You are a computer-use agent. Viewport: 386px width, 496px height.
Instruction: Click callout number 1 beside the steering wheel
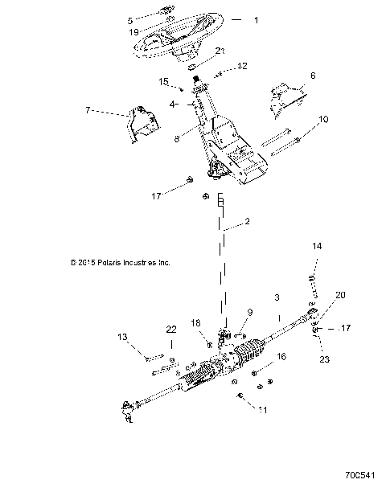pos(256,19)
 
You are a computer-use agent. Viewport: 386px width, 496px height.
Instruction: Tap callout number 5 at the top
pos(131,19)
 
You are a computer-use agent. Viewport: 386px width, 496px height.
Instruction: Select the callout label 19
pos(134,33)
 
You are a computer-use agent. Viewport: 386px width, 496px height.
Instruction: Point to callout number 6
pos(313,75)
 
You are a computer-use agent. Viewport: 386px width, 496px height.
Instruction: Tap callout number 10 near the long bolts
pos(323,119)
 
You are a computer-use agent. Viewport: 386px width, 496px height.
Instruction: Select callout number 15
pos(163,81)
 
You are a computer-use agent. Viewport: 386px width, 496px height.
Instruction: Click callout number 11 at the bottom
pos(262,410)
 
